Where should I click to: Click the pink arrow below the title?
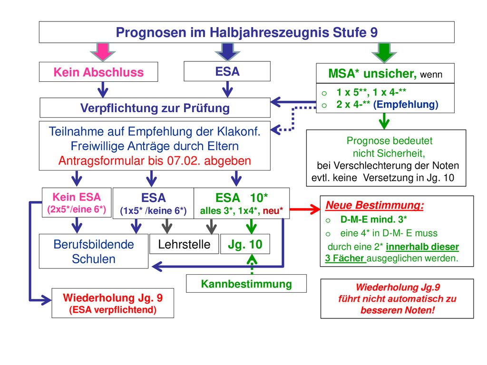click(103, 52)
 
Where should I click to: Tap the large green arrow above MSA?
click(384, 52)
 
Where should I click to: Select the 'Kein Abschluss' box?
click(98, 72)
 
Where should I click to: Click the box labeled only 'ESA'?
click(227, 71)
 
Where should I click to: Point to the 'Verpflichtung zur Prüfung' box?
click(155, 108)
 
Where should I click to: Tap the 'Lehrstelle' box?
click(184, 244)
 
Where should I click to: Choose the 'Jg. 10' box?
click(245, 244)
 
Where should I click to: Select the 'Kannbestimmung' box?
click(246, 283)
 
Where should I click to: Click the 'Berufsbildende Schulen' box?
click(94, 251)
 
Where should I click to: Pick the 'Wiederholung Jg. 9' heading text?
click(113, 298)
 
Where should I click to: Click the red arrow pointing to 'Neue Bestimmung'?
click(305, 209)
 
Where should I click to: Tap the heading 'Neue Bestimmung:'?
click(375, 205)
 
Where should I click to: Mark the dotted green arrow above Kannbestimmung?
click(252, 264)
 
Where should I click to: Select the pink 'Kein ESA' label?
click(77, 197)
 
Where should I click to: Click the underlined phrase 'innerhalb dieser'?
click(422, 247)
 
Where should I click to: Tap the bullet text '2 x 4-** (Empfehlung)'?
click(387, 104)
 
